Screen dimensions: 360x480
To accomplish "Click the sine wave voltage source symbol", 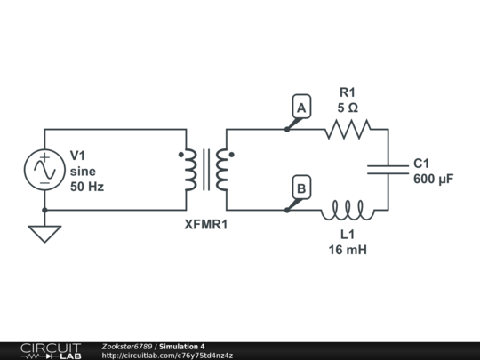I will [43, 170].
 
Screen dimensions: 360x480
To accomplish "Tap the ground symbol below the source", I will [43, 234].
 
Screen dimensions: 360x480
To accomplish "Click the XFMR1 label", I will [205, 224].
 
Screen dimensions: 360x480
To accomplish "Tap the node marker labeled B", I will [301, 188].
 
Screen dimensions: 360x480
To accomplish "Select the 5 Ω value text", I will [348, 107].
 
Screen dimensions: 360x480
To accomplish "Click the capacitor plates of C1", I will [388, 170].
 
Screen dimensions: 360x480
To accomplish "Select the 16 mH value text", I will [348, 250].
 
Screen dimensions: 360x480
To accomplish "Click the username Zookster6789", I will [127, 346].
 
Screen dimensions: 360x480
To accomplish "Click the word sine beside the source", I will [82, 171].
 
